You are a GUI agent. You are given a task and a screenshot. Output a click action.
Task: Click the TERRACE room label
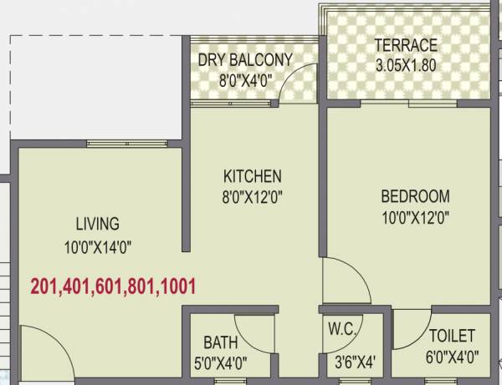coord(405,45)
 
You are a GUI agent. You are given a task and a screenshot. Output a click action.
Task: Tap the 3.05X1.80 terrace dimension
coord(405,63)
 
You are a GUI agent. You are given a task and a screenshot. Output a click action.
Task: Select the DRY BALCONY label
coord(245,59)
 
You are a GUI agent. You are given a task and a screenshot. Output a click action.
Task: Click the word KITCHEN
coord(252,176)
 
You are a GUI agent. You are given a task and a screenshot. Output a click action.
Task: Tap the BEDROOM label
coord(415,197)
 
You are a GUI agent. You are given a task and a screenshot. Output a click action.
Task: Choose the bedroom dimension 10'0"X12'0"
coord(415,219)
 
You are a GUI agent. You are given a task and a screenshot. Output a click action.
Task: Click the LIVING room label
coord(97,224)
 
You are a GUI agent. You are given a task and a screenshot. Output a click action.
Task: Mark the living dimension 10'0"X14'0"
coord(98,246)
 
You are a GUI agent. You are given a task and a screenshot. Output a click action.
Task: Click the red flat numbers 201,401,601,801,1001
coord(113,287)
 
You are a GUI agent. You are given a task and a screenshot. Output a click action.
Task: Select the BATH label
coord(220,342)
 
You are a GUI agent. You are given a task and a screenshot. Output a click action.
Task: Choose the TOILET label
coord(452,336)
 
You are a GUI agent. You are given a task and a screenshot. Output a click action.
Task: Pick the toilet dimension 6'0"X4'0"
coord(452,357)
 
